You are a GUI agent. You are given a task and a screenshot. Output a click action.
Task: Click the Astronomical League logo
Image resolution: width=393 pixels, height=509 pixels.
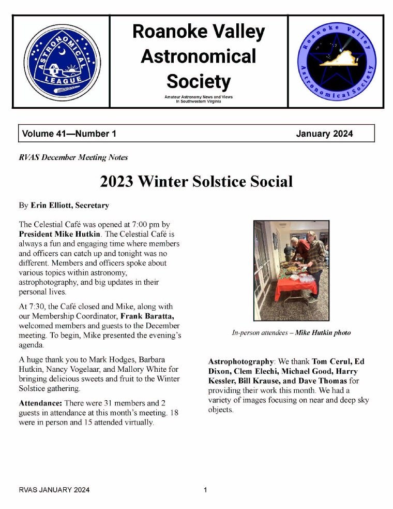pos(61,62)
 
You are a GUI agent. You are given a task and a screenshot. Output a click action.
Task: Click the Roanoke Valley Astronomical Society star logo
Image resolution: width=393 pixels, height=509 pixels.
pos(336,62)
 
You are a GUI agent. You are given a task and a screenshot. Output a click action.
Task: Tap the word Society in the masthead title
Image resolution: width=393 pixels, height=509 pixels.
pos(199,81)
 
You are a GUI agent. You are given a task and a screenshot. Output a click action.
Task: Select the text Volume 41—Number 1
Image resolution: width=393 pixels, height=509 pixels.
pos(69,134)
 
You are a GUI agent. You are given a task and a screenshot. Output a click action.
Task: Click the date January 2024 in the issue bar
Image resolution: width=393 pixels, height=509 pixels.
pos(324,134)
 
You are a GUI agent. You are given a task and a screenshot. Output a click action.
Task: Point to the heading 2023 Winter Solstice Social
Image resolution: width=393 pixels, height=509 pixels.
pos(196,182)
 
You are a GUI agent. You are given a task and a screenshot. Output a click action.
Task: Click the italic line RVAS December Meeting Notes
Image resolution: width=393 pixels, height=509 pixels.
pos(73,157)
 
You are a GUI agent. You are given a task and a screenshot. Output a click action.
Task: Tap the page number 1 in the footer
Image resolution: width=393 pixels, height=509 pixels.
pos(205,490)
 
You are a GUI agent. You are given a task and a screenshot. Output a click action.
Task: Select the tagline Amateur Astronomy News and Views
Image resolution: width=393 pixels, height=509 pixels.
pos(199,97)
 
